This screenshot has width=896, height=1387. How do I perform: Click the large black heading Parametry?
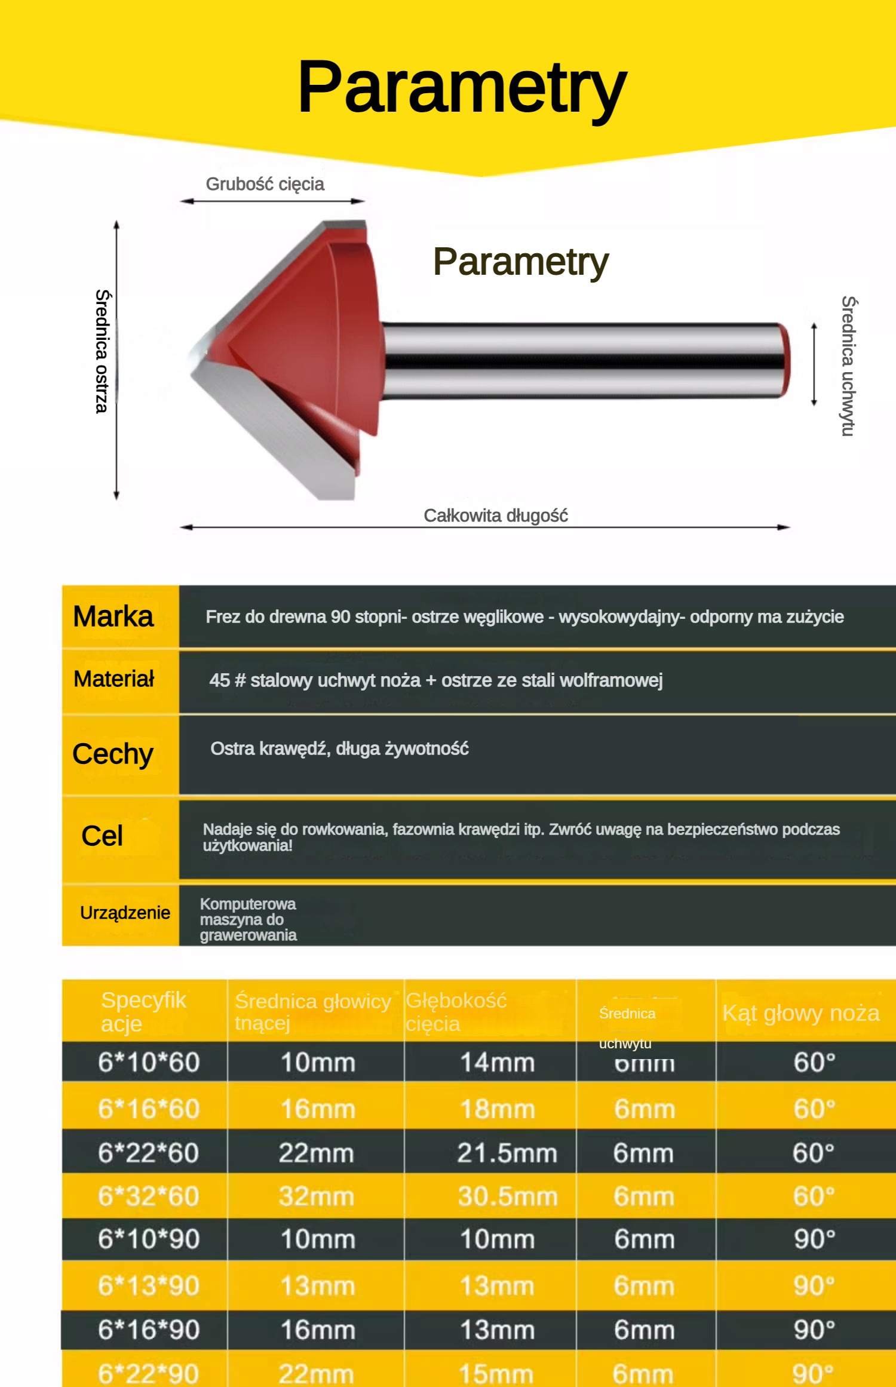462,88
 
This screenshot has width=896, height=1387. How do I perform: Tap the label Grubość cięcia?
265,184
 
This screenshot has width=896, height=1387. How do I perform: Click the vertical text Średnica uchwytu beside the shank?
849,366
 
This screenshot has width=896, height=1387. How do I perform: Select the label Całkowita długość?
495,515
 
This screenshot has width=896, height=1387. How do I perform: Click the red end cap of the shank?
785,360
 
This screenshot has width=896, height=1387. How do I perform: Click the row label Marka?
113,616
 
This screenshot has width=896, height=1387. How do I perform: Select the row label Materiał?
113,679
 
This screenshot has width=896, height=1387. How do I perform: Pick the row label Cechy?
113,754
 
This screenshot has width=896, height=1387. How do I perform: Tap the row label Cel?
102,836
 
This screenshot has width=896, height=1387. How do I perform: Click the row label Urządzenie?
125,913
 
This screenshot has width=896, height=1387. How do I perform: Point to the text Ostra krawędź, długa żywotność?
339,748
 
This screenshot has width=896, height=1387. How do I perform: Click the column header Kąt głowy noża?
800,1013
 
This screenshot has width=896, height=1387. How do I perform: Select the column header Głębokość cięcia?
456,1012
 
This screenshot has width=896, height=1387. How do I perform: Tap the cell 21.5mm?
507,1152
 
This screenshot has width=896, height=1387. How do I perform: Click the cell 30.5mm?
507,1196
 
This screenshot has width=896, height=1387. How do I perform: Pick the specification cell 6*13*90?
148,1285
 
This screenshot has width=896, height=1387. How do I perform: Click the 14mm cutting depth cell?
497,1063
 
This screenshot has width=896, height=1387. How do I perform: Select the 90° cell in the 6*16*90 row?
814,1330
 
